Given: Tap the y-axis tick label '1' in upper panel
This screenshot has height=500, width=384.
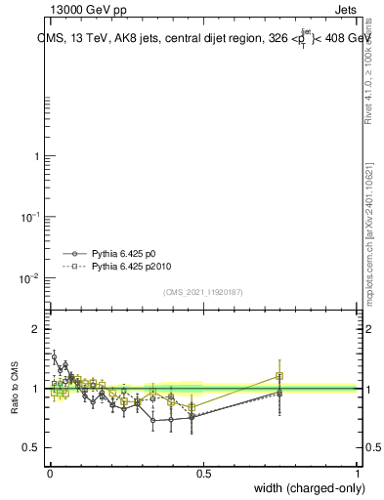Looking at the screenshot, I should click(x=36, y=156).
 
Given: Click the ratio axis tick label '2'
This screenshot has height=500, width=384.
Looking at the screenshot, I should click(x=36, y=329).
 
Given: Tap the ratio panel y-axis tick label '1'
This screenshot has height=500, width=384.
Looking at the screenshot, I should click(x=36, y=389).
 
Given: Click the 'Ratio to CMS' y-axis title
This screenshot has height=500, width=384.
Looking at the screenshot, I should click(x=15, y=389).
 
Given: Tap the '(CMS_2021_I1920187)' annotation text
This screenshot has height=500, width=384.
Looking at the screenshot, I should click(x=203, y=291).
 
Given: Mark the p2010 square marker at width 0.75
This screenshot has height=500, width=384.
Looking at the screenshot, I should click(x=279, y=376).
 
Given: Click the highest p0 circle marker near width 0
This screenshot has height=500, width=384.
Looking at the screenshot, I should click(x=55, y=357).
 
